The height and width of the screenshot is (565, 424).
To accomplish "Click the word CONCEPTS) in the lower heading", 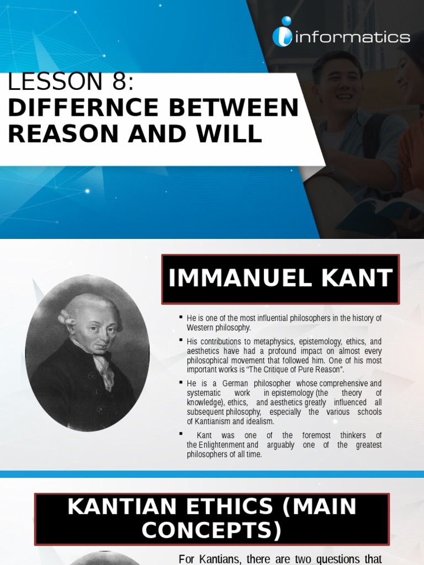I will coord(211,531).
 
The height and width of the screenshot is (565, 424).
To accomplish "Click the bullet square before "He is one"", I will coord(181,317).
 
